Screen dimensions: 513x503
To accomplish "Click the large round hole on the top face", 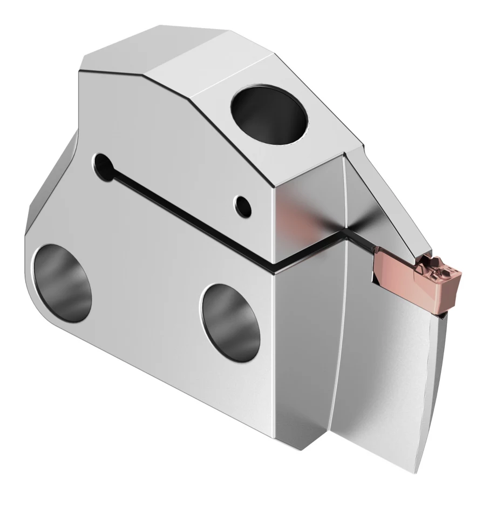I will [269, 114].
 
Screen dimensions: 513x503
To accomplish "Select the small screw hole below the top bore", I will [243, 204].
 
